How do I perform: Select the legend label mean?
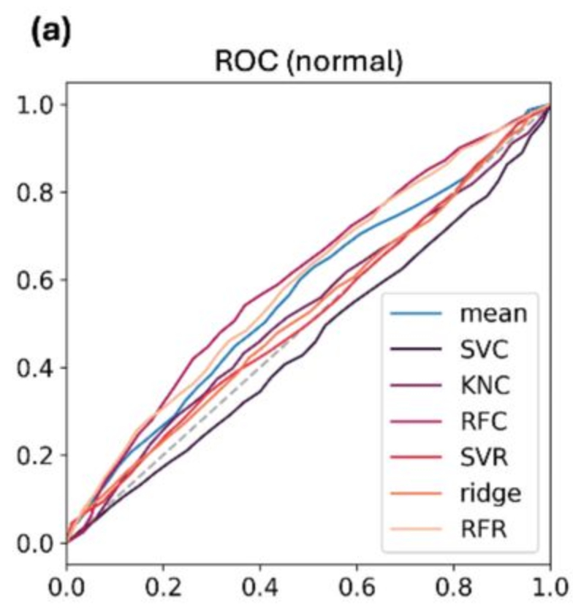(492, 316)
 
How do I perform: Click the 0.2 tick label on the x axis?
(164, 587)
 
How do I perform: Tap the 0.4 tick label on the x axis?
(260, 587)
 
